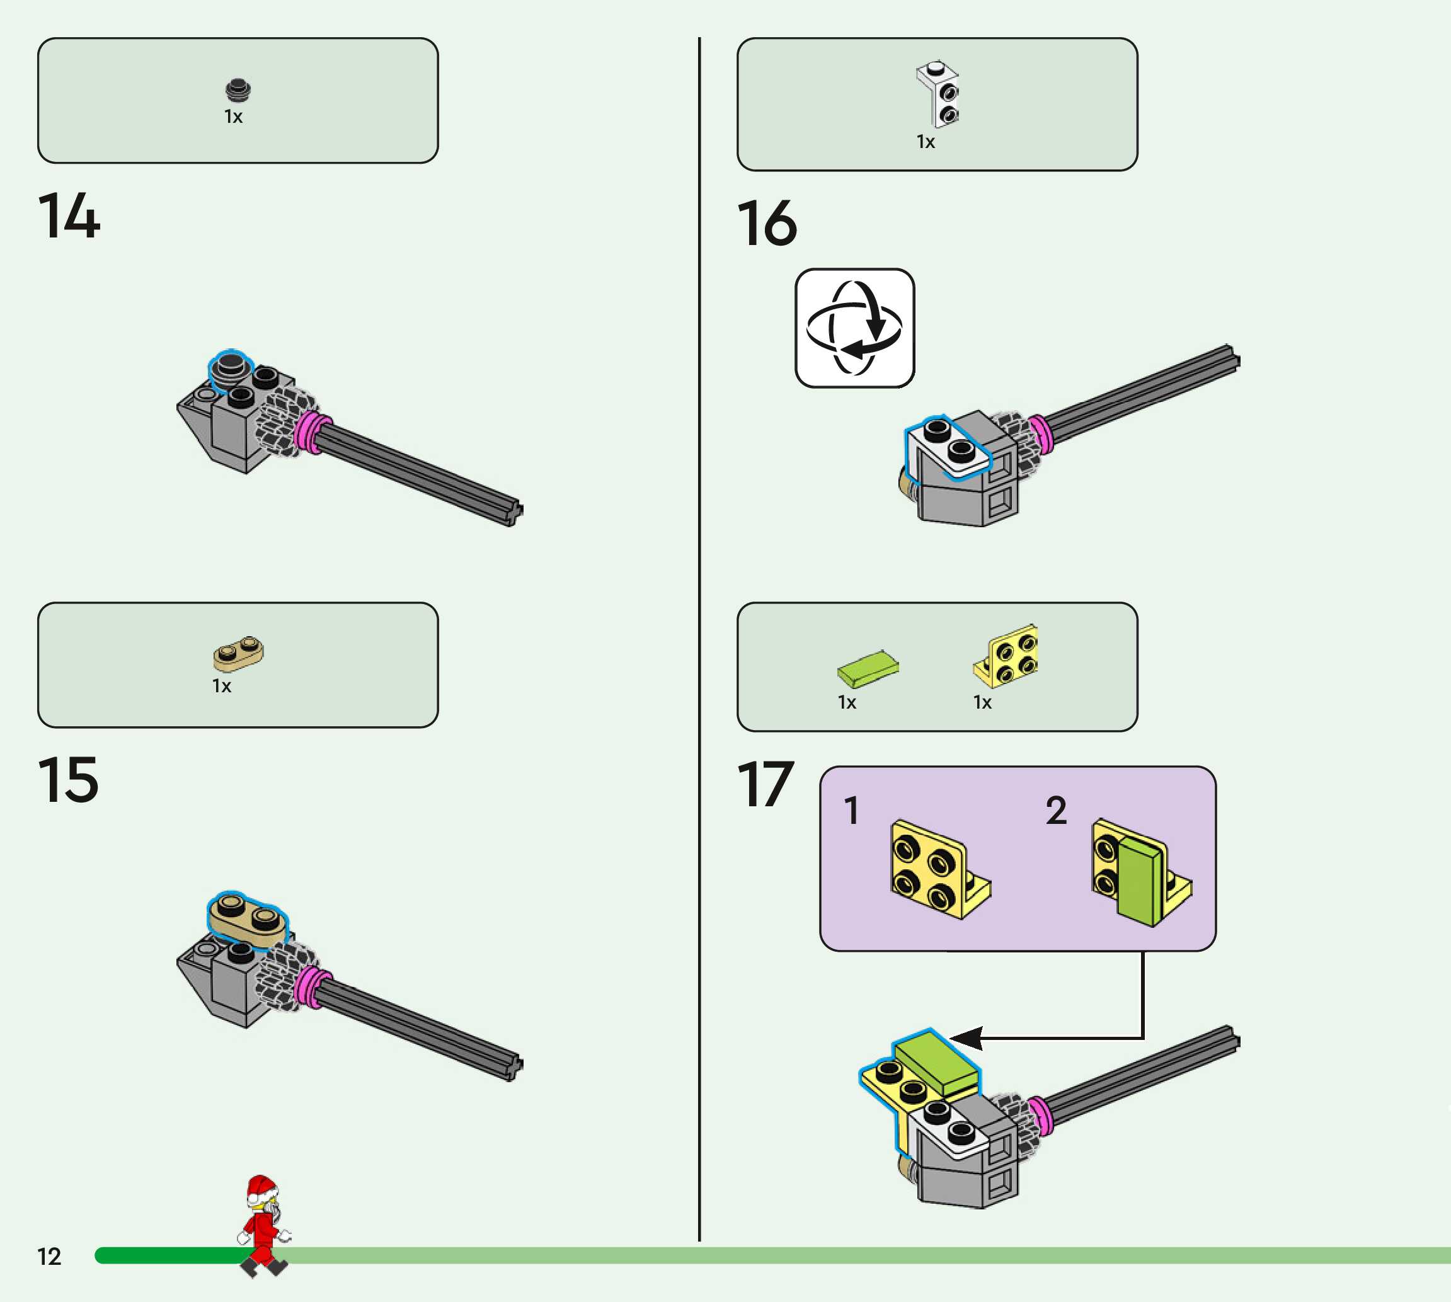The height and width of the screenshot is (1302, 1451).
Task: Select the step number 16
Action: click(766, 223)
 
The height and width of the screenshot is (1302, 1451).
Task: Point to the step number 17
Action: click(765, 785)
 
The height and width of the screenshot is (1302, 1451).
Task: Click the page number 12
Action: click(49, 1257)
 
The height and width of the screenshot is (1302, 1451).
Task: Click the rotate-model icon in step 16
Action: click(854, 328)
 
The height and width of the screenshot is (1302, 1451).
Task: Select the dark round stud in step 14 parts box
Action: click(238, 89)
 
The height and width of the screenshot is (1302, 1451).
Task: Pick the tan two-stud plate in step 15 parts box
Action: click(238, 653)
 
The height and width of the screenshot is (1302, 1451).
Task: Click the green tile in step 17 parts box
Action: click(868, 668)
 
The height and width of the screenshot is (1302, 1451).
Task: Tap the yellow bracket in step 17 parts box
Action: click(1007, 655)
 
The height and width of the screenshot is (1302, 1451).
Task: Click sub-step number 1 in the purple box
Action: click(851, 811)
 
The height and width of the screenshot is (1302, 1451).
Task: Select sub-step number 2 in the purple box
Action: click(1055, 811)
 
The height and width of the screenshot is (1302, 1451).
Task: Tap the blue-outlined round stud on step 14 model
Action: click(230, 368)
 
